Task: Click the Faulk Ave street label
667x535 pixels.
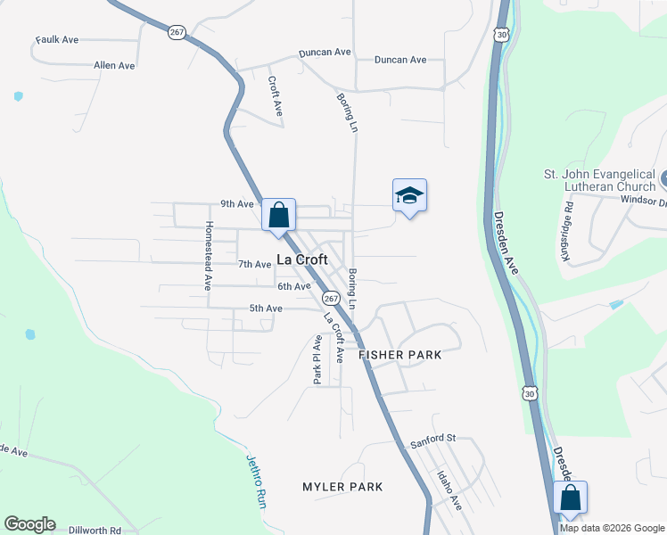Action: click(58, 40)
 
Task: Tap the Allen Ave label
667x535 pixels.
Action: click(114, 66)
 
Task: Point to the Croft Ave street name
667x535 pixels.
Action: click(276, 95)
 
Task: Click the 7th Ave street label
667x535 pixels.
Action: click(254, 265)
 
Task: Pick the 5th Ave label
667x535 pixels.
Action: click(265, 309)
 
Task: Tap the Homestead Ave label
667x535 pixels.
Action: click(209, 256)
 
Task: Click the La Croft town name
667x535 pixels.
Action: click(301, 259)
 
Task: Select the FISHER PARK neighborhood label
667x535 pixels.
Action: click(400, 355)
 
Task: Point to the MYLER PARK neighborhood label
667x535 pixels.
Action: click(342, 487)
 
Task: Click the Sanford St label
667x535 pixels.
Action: click(432, 440)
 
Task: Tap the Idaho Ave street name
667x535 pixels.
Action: click(449, 491)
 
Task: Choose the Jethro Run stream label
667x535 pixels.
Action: click(257, 482)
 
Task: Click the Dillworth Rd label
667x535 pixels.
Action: click(93, 530)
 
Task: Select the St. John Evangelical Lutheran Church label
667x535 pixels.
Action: click(599, 180)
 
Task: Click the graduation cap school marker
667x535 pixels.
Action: click(409, 195)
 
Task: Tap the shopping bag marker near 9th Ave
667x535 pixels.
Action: click(278, 215)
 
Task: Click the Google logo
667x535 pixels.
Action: click(29, 524)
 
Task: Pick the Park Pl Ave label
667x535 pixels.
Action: click(317, 359)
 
